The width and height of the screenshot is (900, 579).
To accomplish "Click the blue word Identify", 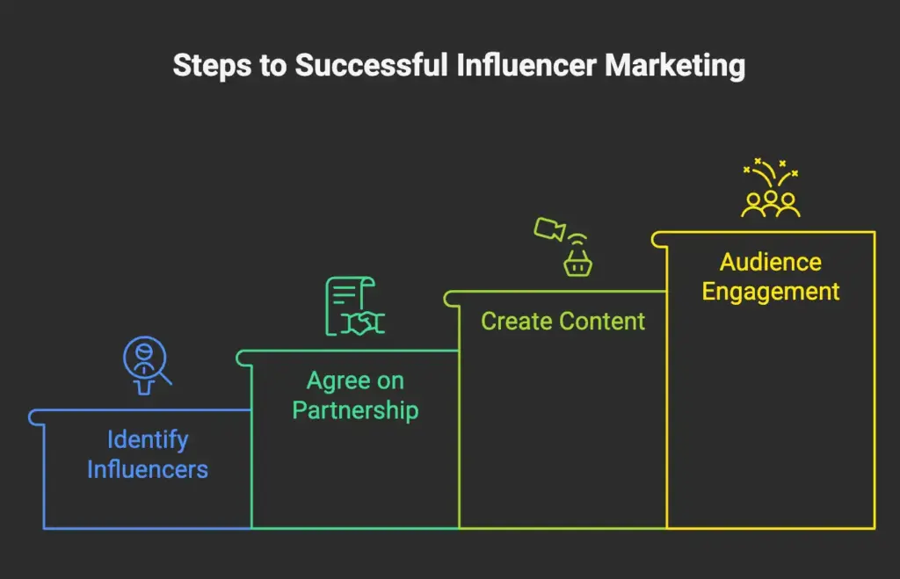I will click(x=148, y=439).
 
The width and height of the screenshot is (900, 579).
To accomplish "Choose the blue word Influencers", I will click(x=148, y=469).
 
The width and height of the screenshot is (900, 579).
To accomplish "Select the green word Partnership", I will click(x=355, y=410).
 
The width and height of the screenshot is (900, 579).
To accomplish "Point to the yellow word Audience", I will click(x=770, y=262).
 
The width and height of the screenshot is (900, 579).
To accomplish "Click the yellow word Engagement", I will click(x=770, y=292).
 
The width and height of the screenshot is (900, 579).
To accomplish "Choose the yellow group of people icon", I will click(x=771, y=203).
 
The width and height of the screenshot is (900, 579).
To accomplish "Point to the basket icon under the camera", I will click(x=577, y=261).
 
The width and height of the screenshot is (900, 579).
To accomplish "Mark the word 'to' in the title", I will click(x=272, y=66).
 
